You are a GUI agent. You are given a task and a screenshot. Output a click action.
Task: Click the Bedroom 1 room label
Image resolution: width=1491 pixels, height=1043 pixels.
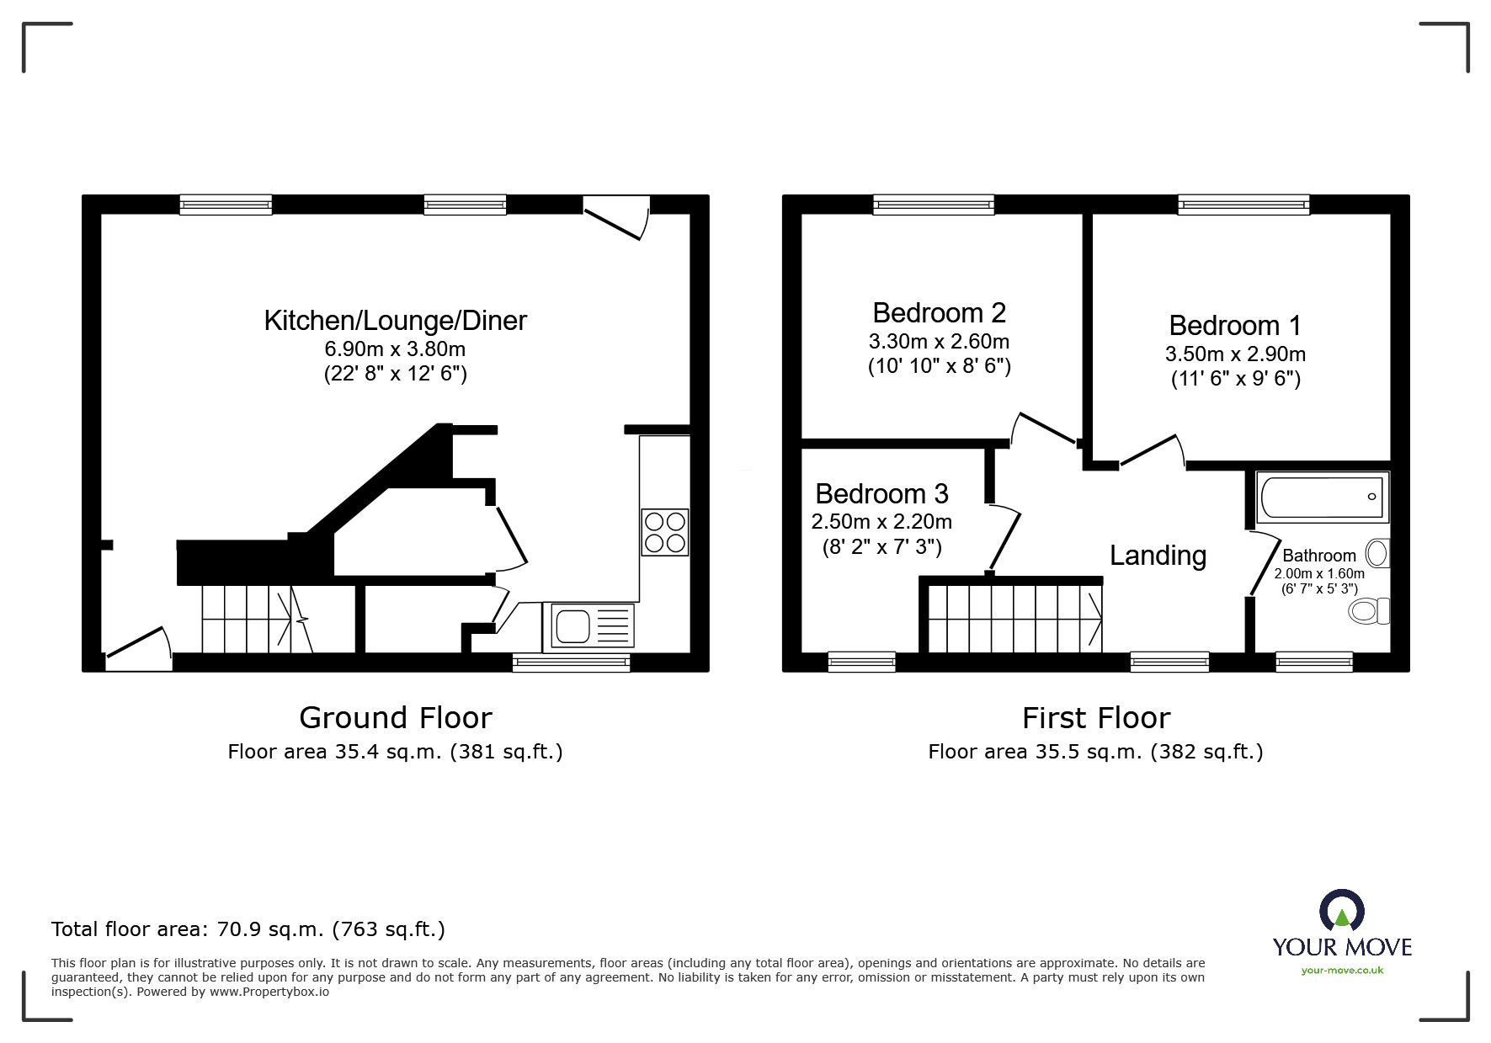(x=1235, y=326)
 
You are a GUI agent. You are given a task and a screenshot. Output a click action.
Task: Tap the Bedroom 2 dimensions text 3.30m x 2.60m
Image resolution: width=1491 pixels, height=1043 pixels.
(x=939, y=342)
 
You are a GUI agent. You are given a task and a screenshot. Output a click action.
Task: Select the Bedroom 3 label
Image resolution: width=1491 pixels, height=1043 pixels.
(x=881, y=493)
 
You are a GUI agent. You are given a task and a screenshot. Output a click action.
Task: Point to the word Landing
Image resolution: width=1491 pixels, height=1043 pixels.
(x=1158, y=556)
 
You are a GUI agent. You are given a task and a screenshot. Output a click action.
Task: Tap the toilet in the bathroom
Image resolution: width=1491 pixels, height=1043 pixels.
(x=1369, y=610)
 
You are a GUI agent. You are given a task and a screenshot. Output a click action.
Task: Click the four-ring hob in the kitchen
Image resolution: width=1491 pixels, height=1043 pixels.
(x=665, y=532)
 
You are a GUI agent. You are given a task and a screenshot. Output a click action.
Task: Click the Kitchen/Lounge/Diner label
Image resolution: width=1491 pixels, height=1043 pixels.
(x=396, y=321)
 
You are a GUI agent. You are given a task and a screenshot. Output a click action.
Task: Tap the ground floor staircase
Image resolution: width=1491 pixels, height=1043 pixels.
(x=256, y=619)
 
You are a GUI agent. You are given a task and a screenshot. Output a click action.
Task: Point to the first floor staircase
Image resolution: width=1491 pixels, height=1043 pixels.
(x=1015, y=619)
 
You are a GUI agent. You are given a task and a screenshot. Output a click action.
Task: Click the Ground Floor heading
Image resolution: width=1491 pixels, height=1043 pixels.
(x=396, y=718)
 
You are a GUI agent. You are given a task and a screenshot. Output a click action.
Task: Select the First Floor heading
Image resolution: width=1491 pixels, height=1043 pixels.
(x=1096, y=718)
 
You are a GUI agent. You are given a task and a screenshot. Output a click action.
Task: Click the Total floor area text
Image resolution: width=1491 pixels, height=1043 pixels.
(x=248, y=929)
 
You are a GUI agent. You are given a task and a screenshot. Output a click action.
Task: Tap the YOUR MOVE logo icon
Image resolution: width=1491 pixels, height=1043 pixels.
(x=1342, y=911)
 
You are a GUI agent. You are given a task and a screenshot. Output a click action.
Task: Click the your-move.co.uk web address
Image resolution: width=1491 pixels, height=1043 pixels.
(x=1342, y=971)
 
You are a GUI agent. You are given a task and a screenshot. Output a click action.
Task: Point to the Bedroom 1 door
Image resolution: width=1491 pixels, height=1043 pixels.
(x=1152, y=450)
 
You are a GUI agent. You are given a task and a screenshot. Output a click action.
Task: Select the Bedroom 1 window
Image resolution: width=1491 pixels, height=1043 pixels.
(x=1243, y=205)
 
